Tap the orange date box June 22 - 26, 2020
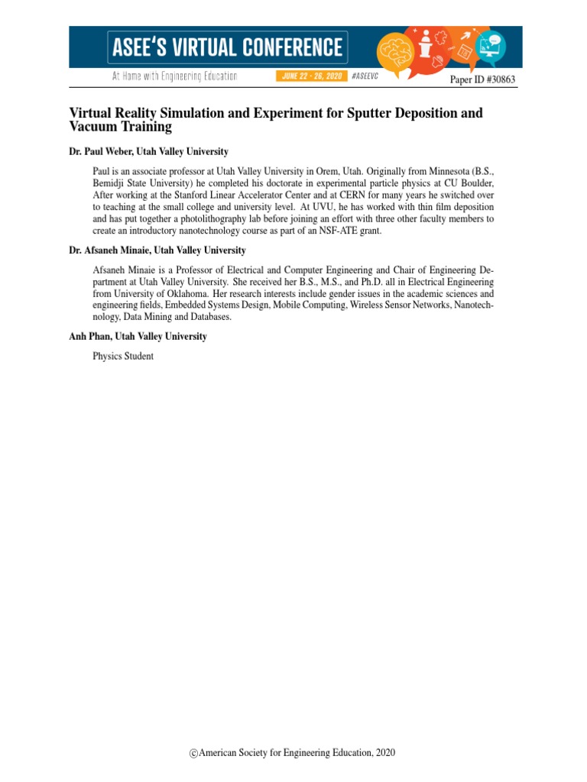(x=311, y=77)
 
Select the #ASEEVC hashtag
(x=365, y=77)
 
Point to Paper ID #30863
(x=482, y=80)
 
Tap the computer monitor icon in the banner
(x=493, y=44)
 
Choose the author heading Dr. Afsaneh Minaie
(x=111, y=250)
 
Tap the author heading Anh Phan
(x=89, y=336)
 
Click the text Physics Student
(x=123, y=356)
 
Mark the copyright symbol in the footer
(x=194, y=754)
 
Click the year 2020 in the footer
(x=385, y=753)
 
